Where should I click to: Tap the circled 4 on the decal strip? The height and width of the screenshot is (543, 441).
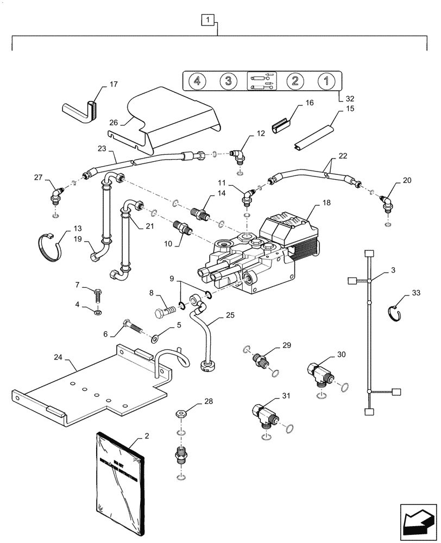(197, 81)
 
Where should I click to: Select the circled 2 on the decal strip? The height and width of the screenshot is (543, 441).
(294, 81)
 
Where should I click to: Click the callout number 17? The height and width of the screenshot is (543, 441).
(113, 85)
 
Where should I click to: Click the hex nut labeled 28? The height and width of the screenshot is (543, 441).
(181, 414)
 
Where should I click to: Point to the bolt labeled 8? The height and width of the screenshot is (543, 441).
(165, 314)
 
